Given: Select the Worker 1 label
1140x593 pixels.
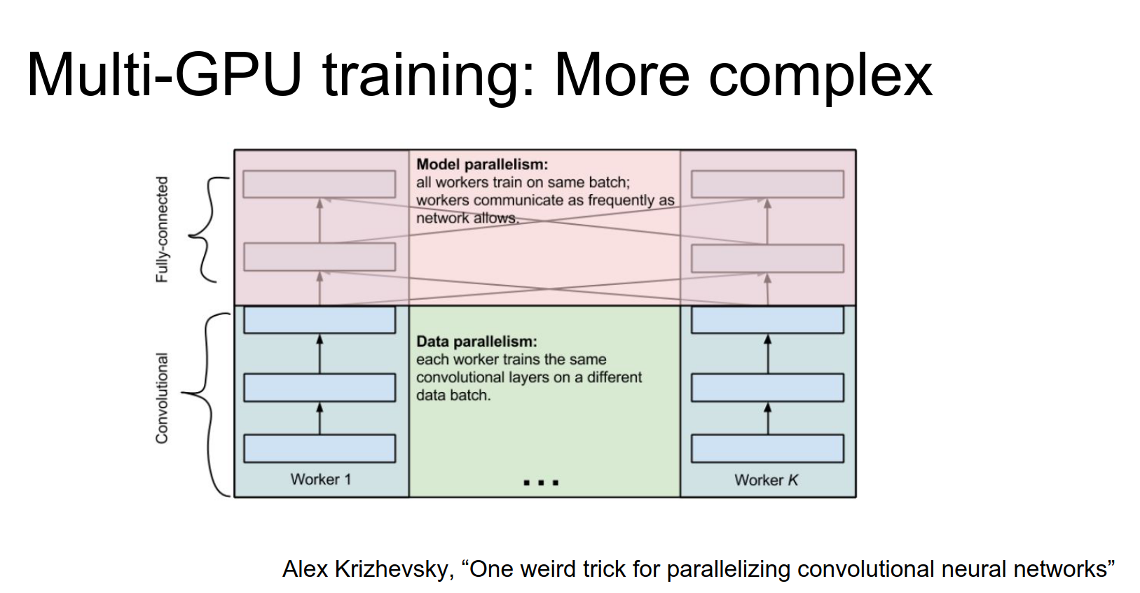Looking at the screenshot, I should [321, 480].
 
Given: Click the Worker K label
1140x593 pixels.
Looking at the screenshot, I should [766, 480].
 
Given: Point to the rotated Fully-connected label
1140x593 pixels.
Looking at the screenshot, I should [163, 230].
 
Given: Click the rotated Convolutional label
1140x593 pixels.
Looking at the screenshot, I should [163, 398].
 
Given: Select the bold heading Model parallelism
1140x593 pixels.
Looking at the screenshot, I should [482, 165].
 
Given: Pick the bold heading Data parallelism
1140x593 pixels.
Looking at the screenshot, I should [476, 342].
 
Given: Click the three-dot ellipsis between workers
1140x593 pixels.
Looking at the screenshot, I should [541, 482].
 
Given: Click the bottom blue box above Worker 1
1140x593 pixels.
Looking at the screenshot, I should [320, 449].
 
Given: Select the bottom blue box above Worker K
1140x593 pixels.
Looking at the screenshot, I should [767, 449].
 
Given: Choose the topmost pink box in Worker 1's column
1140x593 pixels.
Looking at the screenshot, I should [320, 184].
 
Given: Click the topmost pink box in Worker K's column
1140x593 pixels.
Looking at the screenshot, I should [767, 184].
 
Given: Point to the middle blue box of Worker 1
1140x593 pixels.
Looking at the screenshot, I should [320, 388].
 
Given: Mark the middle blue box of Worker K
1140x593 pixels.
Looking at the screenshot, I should [767, 388].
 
